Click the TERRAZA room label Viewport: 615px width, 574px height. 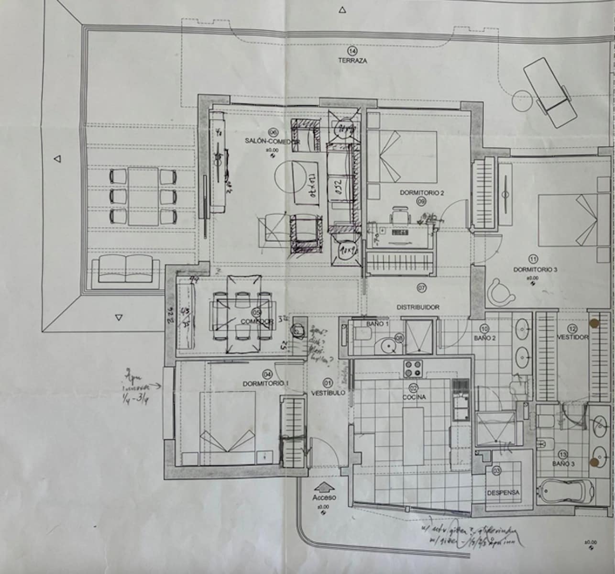[352, 61]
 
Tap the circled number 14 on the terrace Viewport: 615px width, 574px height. [352, 51]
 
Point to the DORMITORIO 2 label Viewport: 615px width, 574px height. [422, 193]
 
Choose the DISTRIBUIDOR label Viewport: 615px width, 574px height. [417, 307]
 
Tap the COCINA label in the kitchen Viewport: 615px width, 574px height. [414, 397]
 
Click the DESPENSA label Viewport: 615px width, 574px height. [503, 492]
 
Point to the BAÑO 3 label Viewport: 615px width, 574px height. [563, 464]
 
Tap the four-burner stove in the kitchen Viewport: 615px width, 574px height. [414, 369]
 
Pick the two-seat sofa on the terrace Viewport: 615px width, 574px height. [126, 269]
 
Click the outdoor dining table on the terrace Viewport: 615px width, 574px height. [143, 196]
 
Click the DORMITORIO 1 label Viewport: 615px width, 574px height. [265, 383]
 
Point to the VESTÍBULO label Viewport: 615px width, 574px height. [328, 393]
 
